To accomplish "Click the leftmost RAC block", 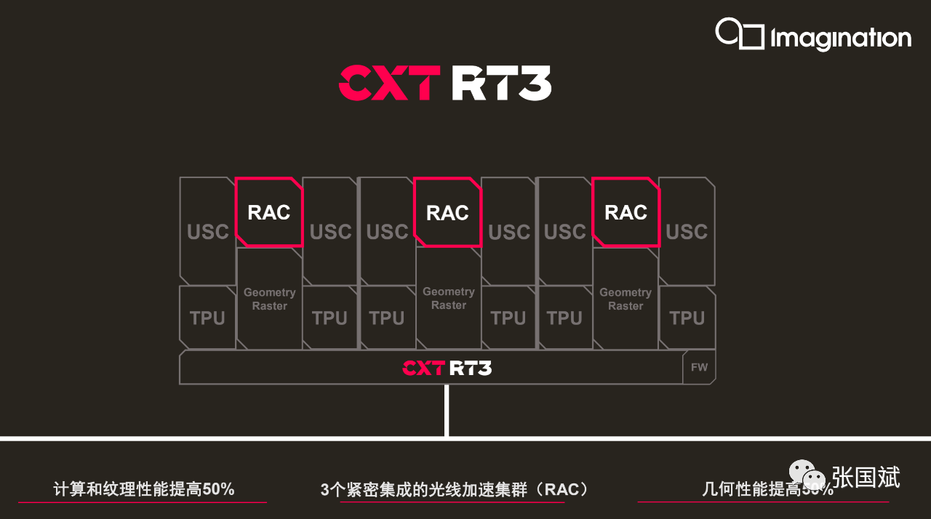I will (269, 212).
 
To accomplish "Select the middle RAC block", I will (447, 212).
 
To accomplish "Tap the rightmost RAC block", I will (626, 212).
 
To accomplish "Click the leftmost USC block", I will (207, 231).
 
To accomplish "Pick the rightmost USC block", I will (687, 231).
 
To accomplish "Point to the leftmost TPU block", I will (207, 318).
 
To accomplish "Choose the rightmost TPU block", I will (687, 318).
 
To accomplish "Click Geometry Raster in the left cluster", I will (269, 299).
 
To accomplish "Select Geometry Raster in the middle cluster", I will (448, 298).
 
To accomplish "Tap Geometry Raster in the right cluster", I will (626, 299).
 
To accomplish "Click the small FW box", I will (699, 367).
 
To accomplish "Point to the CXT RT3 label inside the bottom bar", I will (447, 368).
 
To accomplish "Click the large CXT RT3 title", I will (444, 84).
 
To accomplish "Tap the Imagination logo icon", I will (739, 34).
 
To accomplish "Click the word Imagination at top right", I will (841, 39).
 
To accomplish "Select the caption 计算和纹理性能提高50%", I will (144, 489).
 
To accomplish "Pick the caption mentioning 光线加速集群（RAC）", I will (455, 489).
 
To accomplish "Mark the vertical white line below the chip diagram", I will (447, 411).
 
